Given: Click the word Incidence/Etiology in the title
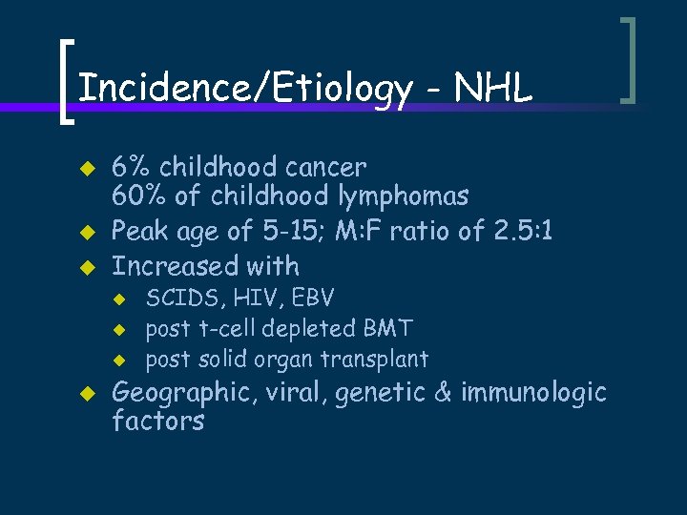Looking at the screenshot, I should pyautogui.click(x=244, y=89).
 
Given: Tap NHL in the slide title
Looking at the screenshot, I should pyautogui.click(x=493, y=89).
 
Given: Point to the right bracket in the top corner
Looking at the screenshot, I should pyautogui.click(x=627, y=59).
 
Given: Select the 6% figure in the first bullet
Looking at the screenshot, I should pyautogui.click(x=132, y=167).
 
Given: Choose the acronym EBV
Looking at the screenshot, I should pyautogui.click(x=312, y=299).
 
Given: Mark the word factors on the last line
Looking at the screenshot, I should pyautogui.click(x=157, y=422).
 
